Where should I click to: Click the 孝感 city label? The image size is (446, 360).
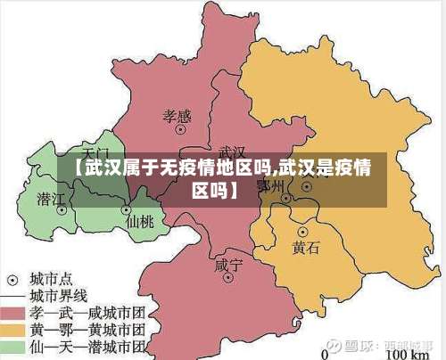pyautogui.click(x=177, y=115)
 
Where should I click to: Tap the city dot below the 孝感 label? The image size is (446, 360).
pyautogui.click(x=181, y=130)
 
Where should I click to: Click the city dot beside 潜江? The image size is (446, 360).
pyautogui.click(x=62, y=211)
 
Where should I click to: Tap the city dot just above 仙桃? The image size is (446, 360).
pyautogui.click(x=125, y=209)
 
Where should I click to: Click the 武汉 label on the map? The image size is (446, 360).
pyautogui.click(x=232, y=152)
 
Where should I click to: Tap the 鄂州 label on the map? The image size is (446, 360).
pyautogui.click(x=269, y=185)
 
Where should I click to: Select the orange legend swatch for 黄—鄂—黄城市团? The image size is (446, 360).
pyautogui.click(x=12, y=329)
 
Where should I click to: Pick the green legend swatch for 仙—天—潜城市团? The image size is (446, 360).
pyautogui.click(x=12, y=347)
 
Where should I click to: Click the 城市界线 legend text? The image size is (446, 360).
pyautogui.click(x=59, y=294)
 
